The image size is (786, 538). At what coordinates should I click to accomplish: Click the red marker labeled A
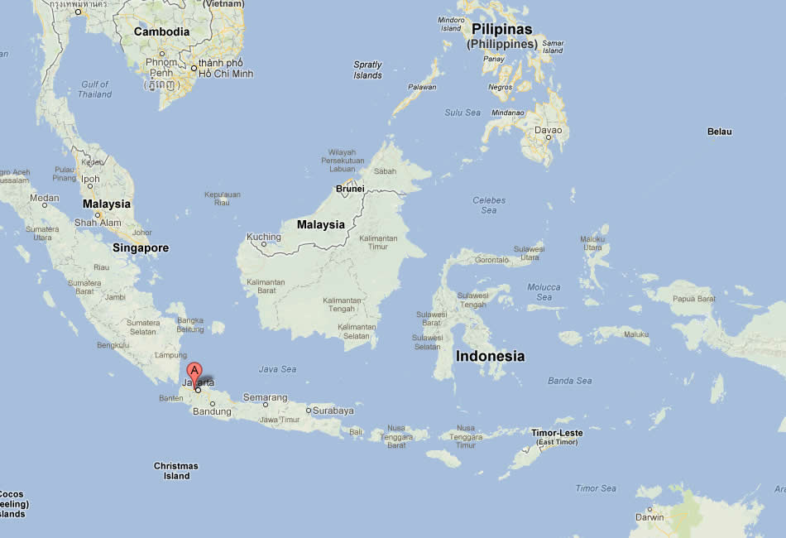pyautogui.click(x=194, y=372)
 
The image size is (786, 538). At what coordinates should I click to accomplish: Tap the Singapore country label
pyautogui.click(x=141, y=247)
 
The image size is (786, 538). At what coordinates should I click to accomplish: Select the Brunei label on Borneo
pyautogui.click(x=350, y=189)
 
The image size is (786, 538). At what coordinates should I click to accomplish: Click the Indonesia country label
pyautogui.click(x=490, y=356)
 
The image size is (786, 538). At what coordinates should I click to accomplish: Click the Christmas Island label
pyautogui.click(x=176, y=471)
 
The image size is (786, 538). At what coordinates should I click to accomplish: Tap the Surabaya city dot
pyautogui.click(x=309, y=410)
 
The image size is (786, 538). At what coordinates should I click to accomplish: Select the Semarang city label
pyautogui.click(x=265, y=398)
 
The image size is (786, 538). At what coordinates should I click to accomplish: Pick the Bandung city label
pyautogui.click(x=211, y=411)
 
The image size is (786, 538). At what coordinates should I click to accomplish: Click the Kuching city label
pyautogui.click(x=264, y=238)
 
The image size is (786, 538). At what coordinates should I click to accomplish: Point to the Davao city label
pyautogui.click(x=548, y=130)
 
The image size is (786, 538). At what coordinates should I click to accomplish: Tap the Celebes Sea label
pyautogui.click(x=489, y=205)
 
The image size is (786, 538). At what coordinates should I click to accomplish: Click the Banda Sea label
pyautogui.click(x=570, y=381)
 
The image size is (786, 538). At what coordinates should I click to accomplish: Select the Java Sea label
pyautogui.click(x=277, y=369)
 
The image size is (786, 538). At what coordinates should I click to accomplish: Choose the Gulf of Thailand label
pyautogui.click(x=95, y=89)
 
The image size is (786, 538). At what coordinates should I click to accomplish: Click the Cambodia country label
pyautogui.click(x=162, y=32)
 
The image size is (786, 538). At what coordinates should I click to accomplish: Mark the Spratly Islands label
pyautogui.click(x=367, y=70)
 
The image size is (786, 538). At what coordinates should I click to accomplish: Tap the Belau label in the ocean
pyautogui.click(x=719, y=132)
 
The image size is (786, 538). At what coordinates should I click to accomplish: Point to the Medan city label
pyautogui.click(x=45, y=198)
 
